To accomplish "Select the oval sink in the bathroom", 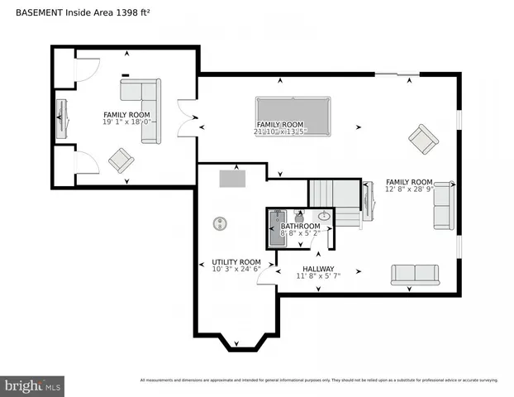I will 325,217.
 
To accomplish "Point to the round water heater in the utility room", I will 220,222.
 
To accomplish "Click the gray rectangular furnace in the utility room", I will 232,178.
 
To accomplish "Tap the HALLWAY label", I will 317,269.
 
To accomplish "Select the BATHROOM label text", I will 300,226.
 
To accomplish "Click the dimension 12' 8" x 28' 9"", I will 409,190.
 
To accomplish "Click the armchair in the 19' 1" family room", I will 121,159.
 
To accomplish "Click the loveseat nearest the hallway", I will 415,275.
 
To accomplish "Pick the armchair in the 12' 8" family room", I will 424,139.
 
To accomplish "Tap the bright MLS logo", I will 33,385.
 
